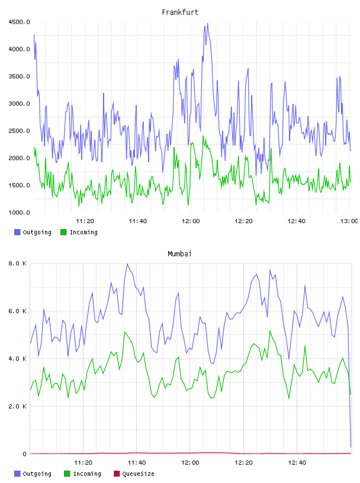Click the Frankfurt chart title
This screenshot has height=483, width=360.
[x=180, y=12]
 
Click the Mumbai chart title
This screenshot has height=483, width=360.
[x=179, y=254]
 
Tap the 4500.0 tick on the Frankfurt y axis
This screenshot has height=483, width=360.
[x=19, y=22]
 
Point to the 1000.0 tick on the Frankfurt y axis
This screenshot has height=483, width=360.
[x=19, y=212]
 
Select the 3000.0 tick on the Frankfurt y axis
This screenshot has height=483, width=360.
[x=19, y=104]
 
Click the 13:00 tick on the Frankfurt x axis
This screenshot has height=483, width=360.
[x=349, y=221]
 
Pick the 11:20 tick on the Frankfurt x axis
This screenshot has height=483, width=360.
[x=85, y=221]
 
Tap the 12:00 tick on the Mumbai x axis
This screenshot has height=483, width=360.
[x=190, y=463]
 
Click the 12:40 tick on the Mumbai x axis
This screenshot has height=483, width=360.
[x=297, y=463]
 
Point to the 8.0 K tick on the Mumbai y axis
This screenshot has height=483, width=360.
[x=17, y=263]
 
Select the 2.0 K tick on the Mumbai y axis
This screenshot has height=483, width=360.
[x=17, y=406]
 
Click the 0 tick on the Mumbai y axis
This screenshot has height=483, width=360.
[x=24, y=454]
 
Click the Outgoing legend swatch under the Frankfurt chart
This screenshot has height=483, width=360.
[x=17, y=232]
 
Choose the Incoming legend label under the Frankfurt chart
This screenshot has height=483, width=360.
[x=83, y=232]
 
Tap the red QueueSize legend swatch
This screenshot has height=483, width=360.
[x=117, y=474]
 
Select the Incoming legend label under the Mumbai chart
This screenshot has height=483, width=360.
[x=87, y=474]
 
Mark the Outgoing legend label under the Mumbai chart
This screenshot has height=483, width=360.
[x=37, y=474]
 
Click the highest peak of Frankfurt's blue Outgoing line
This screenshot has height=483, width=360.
[x=207, y=24]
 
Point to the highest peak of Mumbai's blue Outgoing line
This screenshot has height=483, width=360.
[x=127, y=264]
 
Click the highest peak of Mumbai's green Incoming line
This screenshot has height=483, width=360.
[x=124, y=332]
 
